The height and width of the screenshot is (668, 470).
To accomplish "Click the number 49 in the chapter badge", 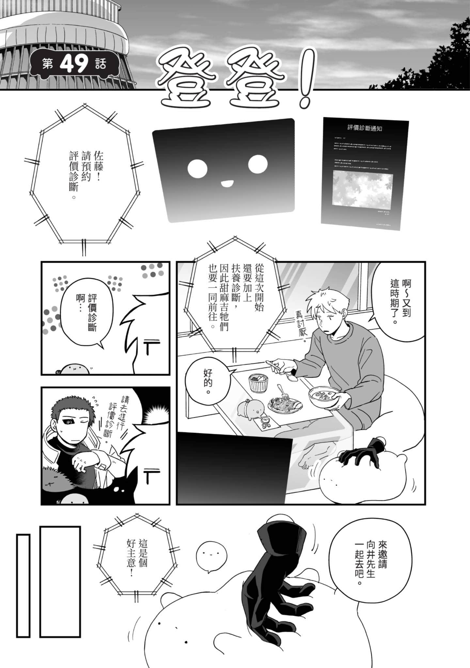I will coord(74,63).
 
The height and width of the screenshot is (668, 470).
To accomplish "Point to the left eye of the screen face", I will coord(197,168).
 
